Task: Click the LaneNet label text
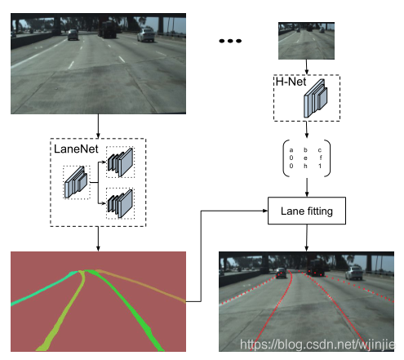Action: [x=76, y=149]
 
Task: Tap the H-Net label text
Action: [x=291, y=82]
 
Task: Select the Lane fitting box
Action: [x=307, y=211]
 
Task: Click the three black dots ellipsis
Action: [x=230, y=41]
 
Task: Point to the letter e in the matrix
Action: [x=305, y=158]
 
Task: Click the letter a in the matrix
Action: [x=291, y=150]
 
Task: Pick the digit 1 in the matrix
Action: [x=320, y=166]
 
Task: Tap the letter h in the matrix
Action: [x=305, y=166]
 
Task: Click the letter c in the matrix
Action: [x=320, y=150]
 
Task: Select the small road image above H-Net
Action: [x=306, y=41]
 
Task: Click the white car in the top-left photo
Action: [x=146, y=35]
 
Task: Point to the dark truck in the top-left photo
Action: [x=108, y=29]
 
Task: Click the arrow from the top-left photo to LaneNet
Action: [x=98, y=126]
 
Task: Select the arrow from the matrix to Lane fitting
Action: [x=307, y=187]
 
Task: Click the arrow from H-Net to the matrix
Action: [x=307, y=130]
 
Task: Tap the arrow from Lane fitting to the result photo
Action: [x=307, y=238]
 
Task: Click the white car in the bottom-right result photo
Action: [x=354, y=273]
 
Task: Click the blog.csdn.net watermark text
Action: [x=317, y=344]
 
